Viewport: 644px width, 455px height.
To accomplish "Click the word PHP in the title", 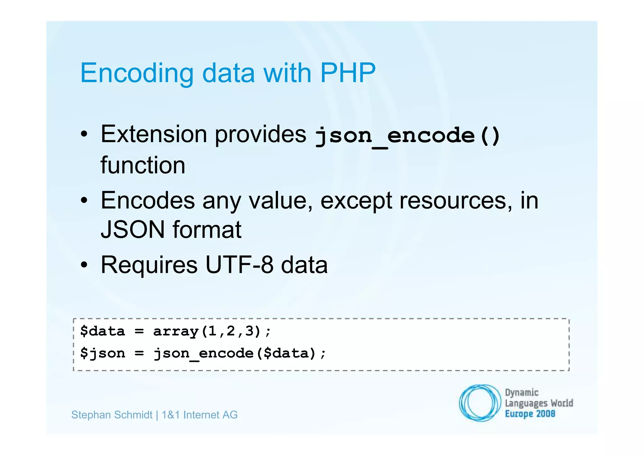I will click(347, 73).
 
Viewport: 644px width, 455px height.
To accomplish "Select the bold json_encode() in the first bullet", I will click(408, 136).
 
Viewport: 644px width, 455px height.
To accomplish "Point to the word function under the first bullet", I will click(143, 165).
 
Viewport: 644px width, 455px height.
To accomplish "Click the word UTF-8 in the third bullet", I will click(239, 265).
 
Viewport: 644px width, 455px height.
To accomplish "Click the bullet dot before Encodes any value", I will click(84, 200).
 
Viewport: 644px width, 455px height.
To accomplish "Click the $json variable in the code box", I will click(103, 353).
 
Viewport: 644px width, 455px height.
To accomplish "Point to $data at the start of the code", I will click(103, 331).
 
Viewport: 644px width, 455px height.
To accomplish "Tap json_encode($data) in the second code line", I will click(235, 353).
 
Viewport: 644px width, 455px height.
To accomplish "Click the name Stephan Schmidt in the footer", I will click(112, 415).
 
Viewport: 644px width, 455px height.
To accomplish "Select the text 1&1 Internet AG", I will click(199, 415).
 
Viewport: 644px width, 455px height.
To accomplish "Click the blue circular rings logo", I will click(479, 403).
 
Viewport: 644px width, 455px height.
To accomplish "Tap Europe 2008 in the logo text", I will click(530, 414).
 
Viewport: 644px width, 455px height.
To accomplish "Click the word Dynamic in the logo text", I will click(521, 393).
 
